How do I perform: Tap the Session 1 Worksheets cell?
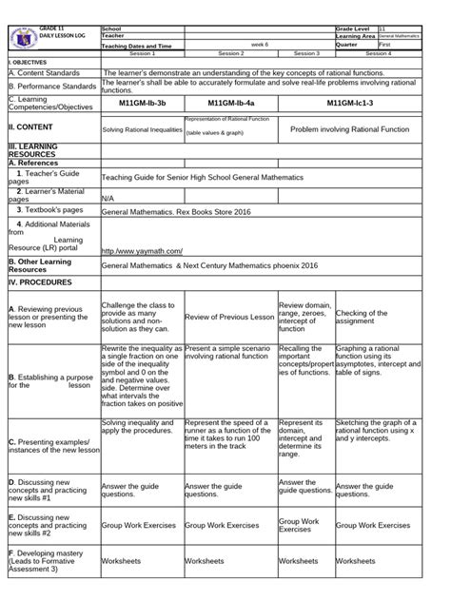pos(125,562)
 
